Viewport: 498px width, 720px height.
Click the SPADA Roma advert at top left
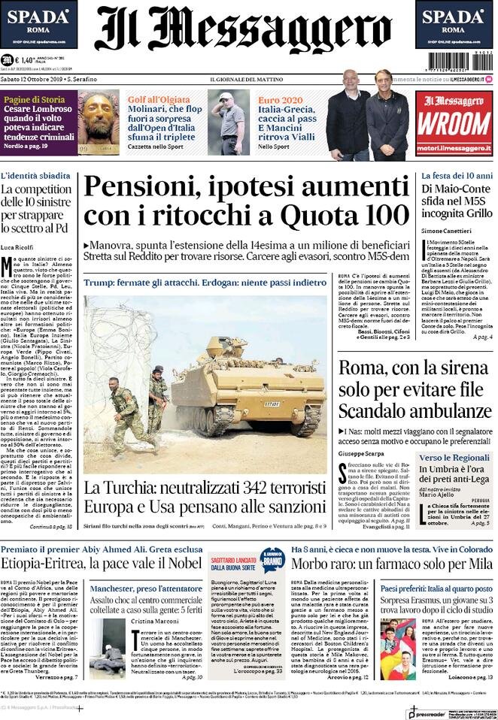tap(39, 23)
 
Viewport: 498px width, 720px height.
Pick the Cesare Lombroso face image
tap(99, 123)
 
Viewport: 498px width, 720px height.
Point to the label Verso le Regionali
tap(454, 458)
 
